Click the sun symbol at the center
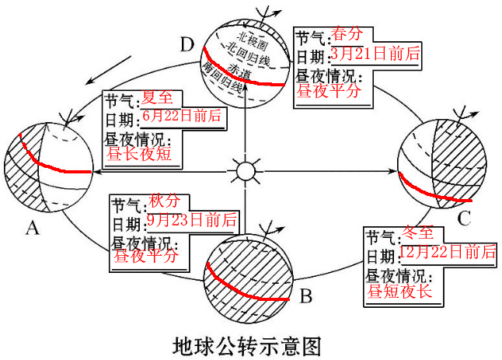[x=246, y=170]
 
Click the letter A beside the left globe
[x=32, y=226]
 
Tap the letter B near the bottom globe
[x=306, y=295]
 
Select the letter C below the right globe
[x=464, y=218]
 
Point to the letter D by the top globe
[x=185, y=44]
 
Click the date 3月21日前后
[x=375, y=53]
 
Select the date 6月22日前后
[x=181, y=117]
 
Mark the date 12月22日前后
[x=448, y=251]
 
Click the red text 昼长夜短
[x=139, y=153]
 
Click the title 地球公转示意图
[x=246, y=343]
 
